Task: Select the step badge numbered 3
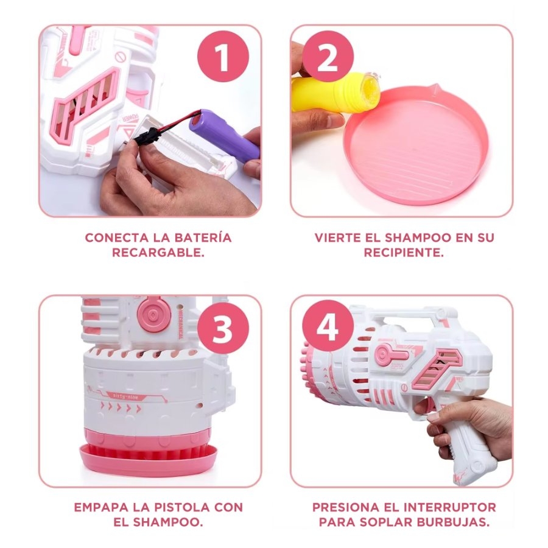pyautogui.click(x=223, y=328)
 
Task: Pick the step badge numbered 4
pyautogui.click(x=328, y=326)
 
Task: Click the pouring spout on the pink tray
pyautogui.click(x=434, y=88)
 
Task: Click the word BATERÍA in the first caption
pyautogui.click(x=203, y=237)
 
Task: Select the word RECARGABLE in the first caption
pyautogui.click(x=158, y=253)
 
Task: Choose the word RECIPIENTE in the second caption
pyautogui.click(x=404, y=253)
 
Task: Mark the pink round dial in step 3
pyautogui.click(x=154, y=314)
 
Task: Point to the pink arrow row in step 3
pyautogui.click(x=121, y=407)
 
